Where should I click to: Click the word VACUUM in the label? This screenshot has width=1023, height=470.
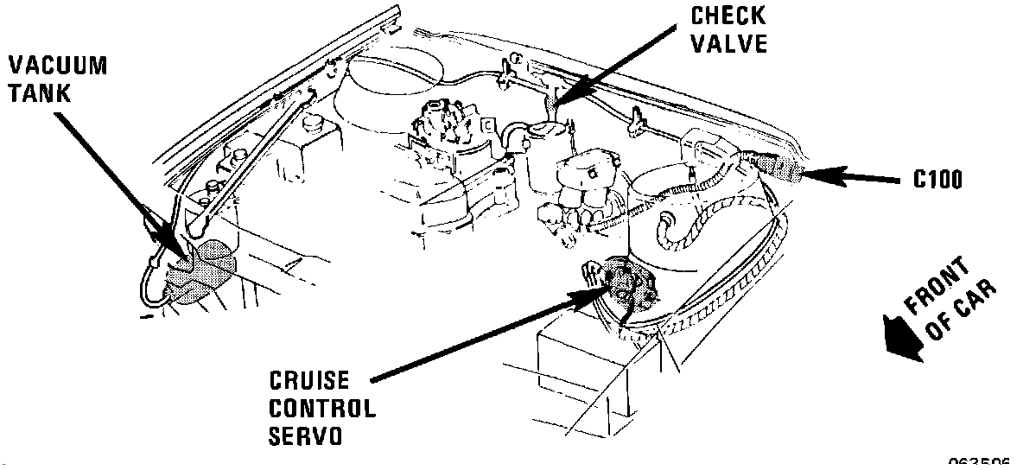[x=58, y=65]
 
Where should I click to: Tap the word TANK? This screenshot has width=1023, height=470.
[x=39, y=92]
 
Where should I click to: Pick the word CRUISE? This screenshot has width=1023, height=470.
[x=308, y=380]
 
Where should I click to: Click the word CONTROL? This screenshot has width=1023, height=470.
[x=321, y=408]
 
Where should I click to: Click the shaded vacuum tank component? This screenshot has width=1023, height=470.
[x=200, y=270]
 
